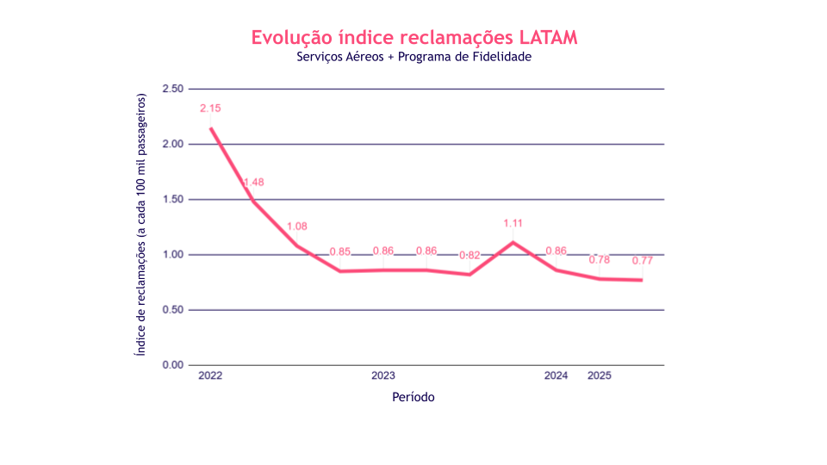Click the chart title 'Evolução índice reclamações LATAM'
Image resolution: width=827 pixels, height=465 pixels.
coord(413,38)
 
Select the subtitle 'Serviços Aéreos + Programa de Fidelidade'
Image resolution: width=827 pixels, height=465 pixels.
coord(413,58)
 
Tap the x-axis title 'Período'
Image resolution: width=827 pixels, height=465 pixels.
coord(413,397)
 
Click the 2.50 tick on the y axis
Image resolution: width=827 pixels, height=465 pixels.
coord(173,90)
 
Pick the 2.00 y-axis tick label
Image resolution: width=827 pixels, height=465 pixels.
coord(173,145)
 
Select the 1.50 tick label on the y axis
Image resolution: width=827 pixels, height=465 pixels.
coord(173,200)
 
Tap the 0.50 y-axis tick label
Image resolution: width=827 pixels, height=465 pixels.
coord(173,310)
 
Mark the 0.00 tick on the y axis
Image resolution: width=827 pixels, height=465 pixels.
coord(173,365)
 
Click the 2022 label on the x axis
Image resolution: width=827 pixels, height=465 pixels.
coord(210,376)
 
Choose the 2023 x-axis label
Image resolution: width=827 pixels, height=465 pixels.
coord(383,376)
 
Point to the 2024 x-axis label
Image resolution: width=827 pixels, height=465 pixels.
coord(556,376)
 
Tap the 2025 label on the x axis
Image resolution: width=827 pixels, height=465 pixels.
coord(600,376)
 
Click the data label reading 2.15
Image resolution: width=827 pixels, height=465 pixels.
coord(210,108)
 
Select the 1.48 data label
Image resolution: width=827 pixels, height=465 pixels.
coord(253,183)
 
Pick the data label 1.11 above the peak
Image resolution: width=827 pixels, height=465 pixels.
coord(513,224)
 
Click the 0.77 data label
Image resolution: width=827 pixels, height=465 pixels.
coord(643,261)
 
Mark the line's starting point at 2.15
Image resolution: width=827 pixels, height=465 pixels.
coord(210,128)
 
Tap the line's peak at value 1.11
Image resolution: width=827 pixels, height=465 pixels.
coord(513,242)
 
